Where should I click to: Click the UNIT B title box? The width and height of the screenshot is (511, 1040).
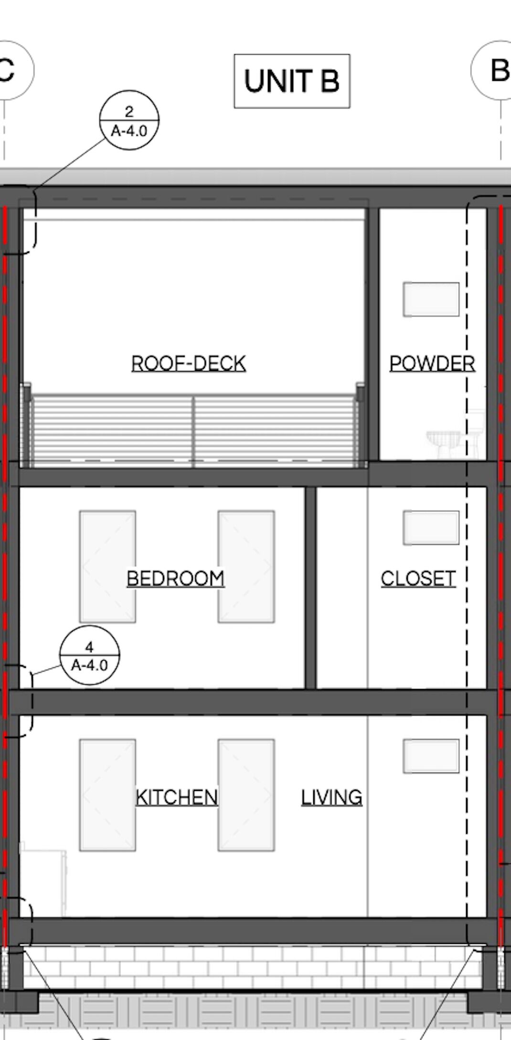point(292,81)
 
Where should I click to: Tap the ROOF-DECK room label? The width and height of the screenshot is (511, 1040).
point(189,363)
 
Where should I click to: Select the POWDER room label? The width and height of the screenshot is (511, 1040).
point(432,363)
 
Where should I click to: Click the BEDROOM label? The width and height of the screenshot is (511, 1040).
point(175,579)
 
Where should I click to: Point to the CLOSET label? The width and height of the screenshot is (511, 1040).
point(418,579)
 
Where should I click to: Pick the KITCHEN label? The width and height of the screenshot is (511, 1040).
point(177,797)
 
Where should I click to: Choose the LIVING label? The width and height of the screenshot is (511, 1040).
point(331,797)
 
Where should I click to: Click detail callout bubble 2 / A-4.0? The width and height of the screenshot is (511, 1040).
point(129,120)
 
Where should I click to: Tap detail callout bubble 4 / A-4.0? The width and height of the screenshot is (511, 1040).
point(90,655)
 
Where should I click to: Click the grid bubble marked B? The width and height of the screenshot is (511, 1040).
point(492,70)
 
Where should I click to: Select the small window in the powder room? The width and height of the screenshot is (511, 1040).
point(431,299)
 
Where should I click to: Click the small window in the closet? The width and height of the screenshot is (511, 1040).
point(431,528)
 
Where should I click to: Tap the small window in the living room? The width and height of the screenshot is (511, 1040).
point(431,756)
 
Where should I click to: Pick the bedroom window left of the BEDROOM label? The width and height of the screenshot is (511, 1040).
point(107,567)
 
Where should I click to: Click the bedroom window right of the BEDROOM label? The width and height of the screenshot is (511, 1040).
point(246,567)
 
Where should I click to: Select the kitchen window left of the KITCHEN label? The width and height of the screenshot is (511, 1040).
point(107,795)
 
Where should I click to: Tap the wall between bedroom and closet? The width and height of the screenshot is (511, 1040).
point(310,588)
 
